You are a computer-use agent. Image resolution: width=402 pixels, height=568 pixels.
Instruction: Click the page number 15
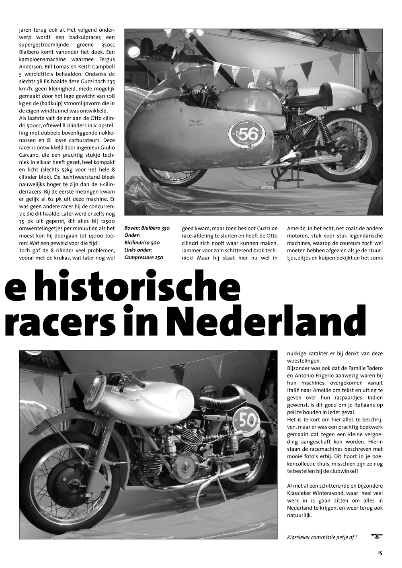click(x=379, y=553)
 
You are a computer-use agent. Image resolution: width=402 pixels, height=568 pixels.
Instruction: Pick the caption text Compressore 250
click(x=144, y=257)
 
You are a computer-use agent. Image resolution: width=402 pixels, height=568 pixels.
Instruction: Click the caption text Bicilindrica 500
click(x=142, y=243)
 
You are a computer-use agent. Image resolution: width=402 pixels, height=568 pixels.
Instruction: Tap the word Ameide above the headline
click(x=297, y=228)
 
